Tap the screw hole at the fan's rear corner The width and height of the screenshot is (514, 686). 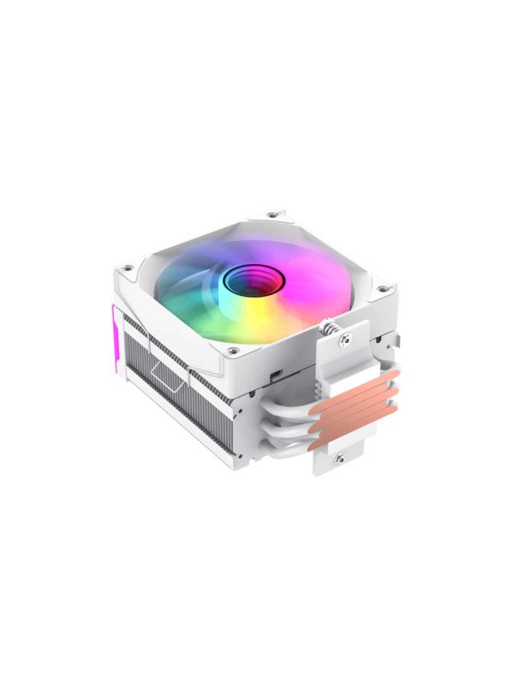(x=272, y=214)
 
